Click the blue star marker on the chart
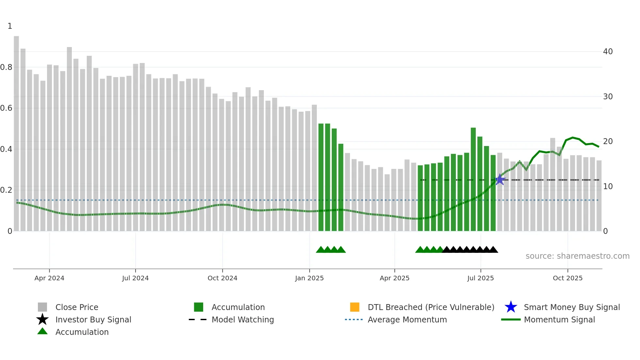coord(500,180)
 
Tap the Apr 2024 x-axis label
coord(49,278)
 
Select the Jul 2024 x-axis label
coord(135,278)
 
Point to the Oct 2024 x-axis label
coord(222,278)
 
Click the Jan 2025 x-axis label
coord(309,278)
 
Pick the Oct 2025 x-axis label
coord(568,278)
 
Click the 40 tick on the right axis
coord(608,52)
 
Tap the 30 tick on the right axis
coord(608,97)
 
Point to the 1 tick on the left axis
coord(10,26)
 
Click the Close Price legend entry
coord(77,307)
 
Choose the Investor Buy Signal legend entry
coord(93,320)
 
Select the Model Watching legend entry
coord(243,320)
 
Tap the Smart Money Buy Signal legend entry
coord(571,307)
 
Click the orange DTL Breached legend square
coord(355,307)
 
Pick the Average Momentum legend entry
coord(407,320)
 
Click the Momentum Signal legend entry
coord(559,320)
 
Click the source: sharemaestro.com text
coord(577,256)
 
